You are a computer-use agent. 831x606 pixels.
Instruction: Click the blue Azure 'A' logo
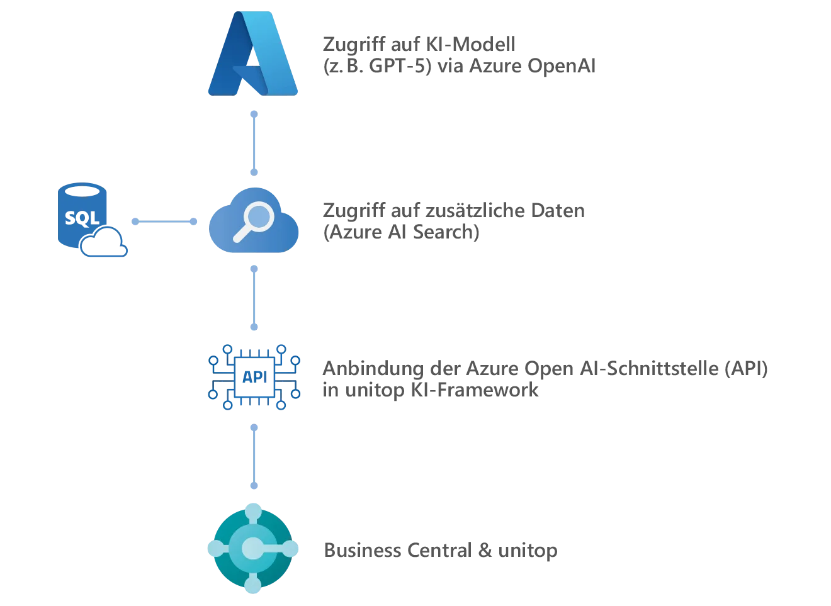click(x=254, y=53)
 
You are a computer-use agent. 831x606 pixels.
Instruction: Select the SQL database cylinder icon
click(x=79, y=214)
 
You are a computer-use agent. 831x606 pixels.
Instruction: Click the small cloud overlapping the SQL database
click(x=105, y=245)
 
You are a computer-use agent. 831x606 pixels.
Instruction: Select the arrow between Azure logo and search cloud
click(x=254, y=142)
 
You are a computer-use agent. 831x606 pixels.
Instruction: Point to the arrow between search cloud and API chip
click(x=254, y=297)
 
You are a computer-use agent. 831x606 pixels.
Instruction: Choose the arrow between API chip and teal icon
click(x=254, y=457)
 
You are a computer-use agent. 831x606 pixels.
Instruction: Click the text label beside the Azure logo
click(x=460, y=55)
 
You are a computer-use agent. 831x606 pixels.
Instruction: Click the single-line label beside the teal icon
click(x=440, y=549)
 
